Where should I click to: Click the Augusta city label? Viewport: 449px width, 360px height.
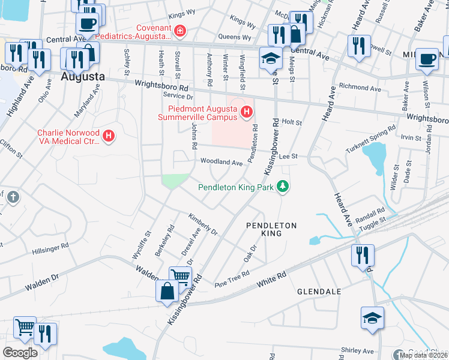click(x=83, y=77)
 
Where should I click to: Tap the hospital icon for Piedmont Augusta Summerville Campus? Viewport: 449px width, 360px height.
click(x=246, y=112)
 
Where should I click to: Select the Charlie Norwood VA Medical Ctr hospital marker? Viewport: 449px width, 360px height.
click(x=109, y=136)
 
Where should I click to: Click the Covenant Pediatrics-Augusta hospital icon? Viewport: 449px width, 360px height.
click(x=179, y=31)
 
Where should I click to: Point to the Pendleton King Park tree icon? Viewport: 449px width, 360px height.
click(x=282, y=187)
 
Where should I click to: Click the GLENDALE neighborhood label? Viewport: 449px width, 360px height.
click(x=319, y=292)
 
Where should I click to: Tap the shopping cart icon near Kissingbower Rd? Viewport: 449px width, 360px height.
click(x=179, y=277)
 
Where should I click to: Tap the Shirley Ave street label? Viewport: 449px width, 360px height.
click(x=357, y=351)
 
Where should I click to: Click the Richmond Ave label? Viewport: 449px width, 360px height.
click(x=360, y=88)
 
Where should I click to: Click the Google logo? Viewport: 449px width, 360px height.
click(x=20, y=352)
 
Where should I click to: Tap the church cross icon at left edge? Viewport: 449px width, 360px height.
click(x=13, y=197)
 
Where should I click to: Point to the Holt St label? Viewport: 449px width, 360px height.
click(x=291, y=122)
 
